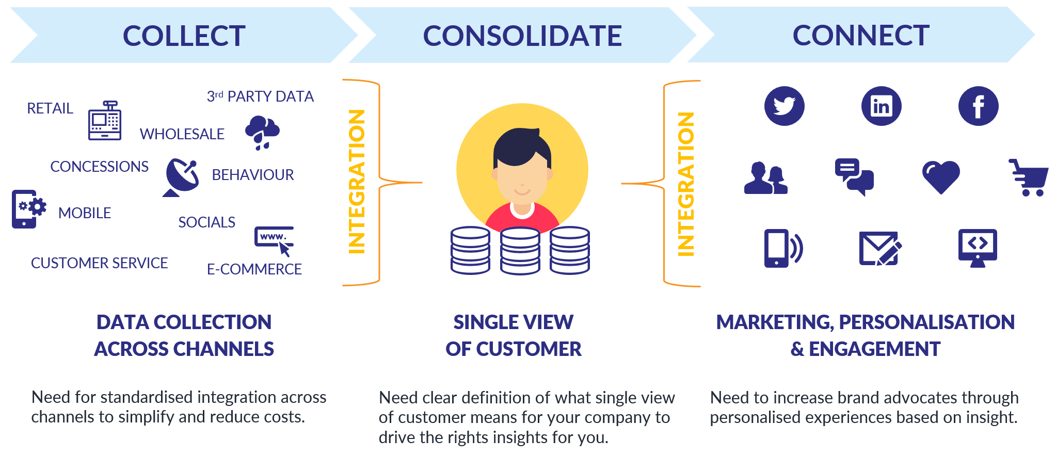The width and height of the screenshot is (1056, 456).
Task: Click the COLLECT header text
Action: pos(184,36)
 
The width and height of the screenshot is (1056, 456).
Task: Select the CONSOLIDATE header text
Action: pos(522,36)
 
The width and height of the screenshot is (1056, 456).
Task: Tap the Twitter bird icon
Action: pos(784,106)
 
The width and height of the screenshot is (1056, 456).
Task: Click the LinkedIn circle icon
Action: pos(881,106)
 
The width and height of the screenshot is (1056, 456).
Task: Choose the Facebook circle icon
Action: pos(978,106)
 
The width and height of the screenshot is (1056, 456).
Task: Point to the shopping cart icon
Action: pos(1029,177)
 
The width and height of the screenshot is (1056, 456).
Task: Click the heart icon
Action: pos(941,177)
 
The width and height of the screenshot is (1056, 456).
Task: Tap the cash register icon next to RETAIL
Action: pos(105,121)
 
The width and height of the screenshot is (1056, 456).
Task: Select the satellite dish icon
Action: pos(181,177)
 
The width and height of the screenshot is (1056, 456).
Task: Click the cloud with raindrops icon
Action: pos(262,132)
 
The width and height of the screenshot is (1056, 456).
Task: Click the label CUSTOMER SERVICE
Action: pos(99,263)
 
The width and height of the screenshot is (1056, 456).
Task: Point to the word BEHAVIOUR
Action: pos(252,175)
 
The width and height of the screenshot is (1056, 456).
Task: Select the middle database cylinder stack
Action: pos(520,251)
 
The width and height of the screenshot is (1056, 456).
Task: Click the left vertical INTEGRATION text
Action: pos(357,182)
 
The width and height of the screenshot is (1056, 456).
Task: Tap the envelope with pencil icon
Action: pos(879,248)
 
